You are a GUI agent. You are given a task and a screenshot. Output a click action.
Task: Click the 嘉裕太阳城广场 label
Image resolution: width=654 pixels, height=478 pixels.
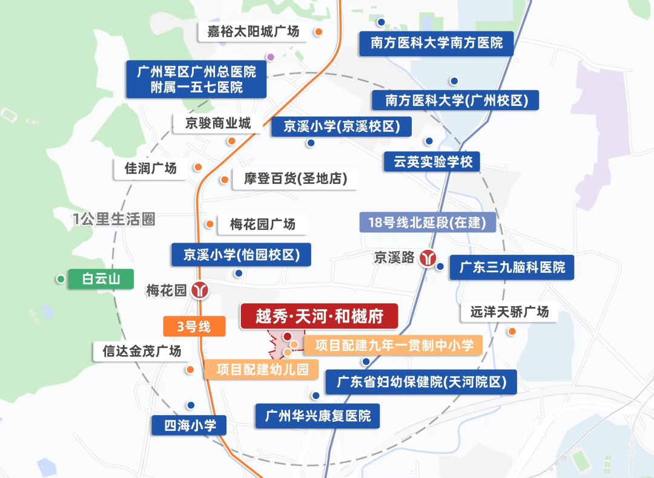point(253,31)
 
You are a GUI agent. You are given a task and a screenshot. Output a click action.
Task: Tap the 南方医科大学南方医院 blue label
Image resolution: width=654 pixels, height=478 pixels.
point(436,44)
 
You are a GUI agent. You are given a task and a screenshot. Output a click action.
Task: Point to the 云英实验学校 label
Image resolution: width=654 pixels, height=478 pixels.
point(432,162)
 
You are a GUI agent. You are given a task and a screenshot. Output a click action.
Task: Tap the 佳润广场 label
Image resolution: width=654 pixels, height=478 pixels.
point(151,168)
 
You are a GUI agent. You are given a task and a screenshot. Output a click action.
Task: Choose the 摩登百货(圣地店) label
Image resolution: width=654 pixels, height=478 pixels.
point(292,179)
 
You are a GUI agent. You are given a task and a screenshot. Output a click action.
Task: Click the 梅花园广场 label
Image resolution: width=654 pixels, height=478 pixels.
point(263,224)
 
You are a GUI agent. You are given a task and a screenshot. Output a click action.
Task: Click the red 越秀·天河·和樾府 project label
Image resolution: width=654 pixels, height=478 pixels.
point(319,316)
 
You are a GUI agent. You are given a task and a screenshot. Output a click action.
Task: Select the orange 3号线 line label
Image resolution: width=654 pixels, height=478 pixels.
point(194,327)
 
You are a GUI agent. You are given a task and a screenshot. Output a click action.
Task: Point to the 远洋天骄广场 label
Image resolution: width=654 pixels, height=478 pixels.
point(509,312)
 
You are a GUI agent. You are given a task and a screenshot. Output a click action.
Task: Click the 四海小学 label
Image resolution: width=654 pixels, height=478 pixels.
point(190,425)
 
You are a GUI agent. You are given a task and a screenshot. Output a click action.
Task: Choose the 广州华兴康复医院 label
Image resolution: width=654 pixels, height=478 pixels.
point(317,416)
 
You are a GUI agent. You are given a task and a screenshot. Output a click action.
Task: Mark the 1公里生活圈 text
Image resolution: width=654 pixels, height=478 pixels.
point(114,219)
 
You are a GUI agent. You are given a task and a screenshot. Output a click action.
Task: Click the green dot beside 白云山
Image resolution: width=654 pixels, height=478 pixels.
point(61,279)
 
